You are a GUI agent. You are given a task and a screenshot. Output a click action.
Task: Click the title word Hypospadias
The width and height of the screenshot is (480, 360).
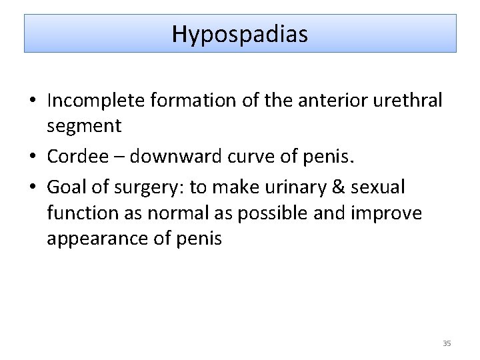[x=240, y=33]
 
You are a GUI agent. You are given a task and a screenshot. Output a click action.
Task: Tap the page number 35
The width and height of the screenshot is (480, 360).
[x=447, y=343]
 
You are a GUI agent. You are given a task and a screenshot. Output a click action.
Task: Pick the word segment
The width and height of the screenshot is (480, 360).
[x=84, y=125]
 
